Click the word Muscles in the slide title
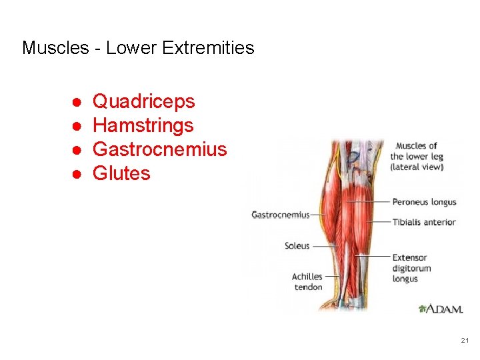tap(55, 48)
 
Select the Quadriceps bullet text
tap(143, 101)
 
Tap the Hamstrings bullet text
tap(143, 125)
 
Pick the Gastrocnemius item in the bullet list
tap(159, 149)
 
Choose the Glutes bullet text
tap(121, 173)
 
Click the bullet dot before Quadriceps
tap(77, 102)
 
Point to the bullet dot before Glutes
tap(77, 174)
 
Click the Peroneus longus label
tap(424, 202)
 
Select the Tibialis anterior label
tap(423, 222)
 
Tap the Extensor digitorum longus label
tap(411, 268)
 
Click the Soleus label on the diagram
tap(297, 246)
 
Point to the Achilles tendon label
tap(307, 281)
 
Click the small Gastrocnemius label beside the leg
tap(280, 215)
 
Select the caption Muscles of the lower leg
tap(417, 156)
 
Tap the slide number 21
tap(465, 341)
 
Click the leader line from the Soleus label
tap(325, 246)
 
